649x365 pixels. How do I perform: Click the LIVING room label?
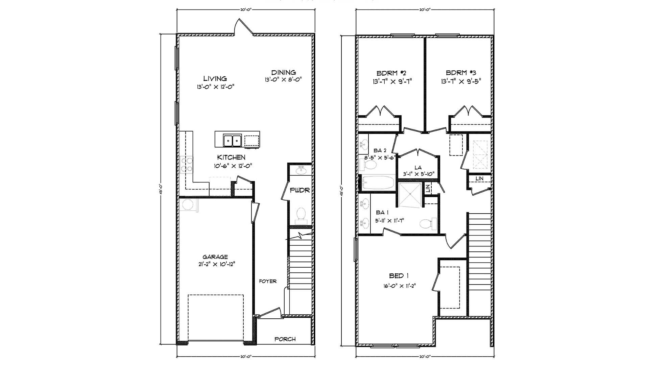coord(215,79)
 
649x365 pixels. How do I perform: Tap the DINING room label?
coord(284,72)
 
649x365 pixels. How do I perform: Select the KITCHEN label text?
coord(231,157)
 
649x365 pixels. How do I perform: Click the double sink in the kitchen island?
coord(232,140)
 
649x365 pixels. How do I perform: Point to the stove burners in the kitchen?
coord(187,165)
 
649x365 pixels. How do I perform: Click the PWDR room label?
coord(300,190)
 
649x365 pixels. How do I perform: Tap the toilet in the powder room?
coord(301,214)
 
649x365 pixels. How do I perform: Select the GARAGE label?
coord(215,257)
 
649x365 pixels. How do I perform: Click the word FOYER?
coord(268,281)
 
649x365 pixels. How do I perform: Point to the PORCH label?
coord(285,339)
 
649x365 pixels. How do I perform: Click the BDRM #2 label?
coord(391,73)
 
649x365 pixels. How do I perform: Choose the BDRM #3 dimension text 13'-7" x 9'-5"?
coord(461,81)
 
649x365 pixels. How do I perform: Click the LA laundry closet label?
coord(418,168)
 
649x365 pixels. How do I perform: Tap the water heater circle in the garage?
coord(187,205)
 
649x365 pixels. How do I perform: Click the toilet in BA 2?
coord(369,165)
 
